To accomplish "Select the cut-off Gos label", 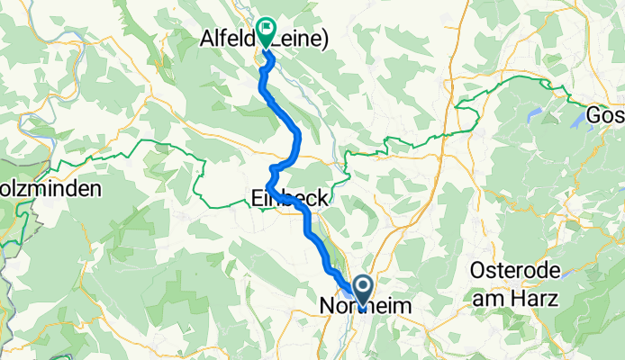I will coord(603,116).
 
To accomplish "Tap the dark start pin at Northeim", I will coord(364,292).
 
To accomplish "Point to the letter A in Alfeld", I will coord(204,38).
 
